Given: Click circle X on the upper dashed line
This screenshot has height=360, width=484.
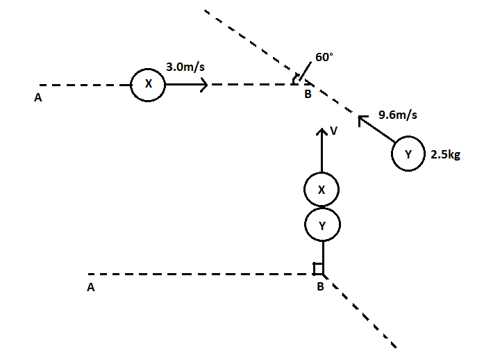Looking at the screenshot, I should pos(148,84).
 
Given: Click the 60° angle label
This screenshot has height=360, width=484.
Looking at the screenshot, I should pos(324,58).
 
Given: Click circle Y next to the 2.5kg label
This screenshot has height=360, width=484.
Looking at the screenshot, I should pos(408,155).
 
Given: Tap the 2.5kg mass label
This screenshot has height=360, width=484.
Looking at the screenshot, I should pos(445,155).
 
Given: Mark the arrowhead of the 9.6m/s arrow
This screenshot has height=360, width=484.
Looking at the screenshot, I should pos(361,120).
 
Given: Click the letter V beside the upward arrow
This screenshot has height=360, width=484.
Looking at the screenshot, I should pos(334,130).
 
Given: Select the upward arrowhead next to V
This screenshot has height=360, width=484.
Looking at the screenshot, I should pos(322,132).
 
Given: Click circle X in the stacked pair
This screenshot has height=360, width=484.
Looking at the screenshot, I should pos(322,189).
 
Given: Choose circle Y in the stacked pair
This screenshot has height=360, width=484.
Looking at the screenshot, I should pos(322,224).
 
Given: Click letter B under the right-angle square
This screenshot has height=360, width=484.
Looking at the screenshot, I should pos(320,287).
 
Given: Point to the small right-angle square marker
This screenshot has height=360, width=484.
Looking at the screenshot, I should pos(318,268).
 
